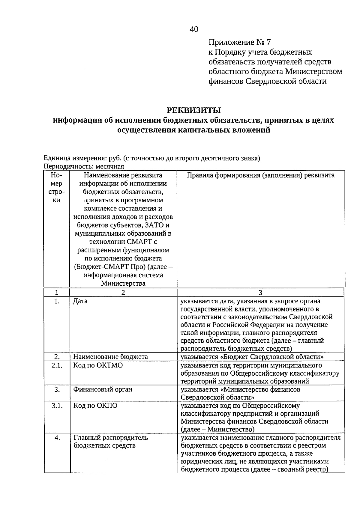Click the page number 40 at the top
point(194,29)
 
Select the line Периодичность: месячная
point(84,166)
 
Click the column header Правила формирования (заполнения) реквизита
point(260,175)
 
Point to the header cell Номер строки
point(57,187)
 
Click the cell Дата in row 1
point(80,301)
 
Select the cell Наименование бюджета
point(110,357)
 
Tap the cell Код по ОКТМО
point(98,365)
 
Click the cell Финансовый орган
point(103,389)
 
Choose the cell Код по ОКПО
point(95,406)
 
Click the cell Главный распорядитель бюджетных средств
point(110,442)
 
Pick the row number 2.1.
point(57,365)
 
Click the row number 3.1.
point(57,406)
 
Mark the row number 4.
point(57,438)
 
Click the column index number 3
point(260,293)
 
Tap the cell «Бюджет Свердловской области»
point(252,357)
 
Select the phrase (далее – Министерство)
point(217,430)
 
